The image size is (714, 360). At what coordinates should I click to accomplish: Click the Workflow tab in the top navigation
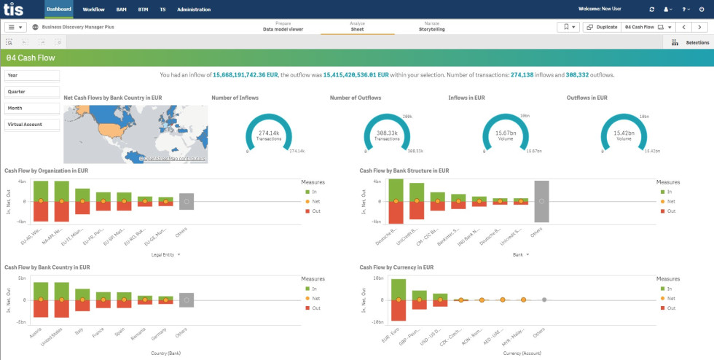click(x=93, y=9)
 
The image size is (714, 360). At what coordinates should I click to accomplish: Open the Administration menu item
click(x=194, y=9)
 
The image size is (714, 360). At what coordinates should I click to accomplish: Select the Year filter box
click(x=32, y=75)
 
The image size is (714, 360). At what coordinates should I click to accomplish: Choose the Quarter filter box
click(x=32, y=92)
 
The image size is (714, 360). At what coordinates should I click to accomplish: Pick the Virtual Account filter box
click(x=32, y=125)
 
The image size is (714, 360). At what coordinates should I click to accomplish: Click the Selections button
click(x=691, y=43)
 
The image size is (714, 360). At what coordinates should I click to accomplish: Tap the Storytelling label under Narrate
click(x=431, y=29)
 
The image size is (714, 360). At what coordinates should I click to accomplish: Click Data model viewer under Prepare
click(x=283, y=29)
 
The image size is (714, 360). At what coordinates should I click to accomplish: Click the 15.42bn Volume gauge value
click(x=624, y=133)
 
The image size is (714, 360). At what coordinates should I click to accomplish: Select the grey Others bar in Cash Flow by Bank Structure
click(x=541, y=201)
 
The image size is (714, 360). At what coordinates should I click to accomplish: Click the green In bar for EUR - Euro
click(x=398, y=289)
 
